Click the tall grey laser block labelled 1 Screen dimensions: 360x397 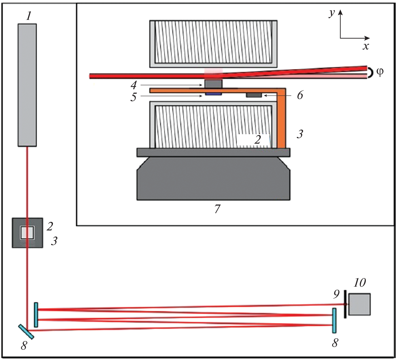pyautogui.click(x=27, y=85)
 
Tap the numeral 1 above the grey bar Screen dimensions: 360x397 pyautogui.click(x=29, y=16)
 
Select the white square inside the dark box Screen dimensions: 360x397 pyautogui.click(x=27, y=233)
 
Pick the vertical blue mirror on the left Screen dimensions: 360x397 pyautogui.click(x=36, y=315)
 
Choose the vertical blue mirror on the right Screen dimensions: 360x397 pyautogui.click(x=334, y=320)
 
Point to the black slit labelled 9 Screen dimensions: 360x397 pyautogui.click(x=345, y=304)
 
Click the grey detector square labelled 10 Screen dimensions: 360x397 pyautogui.click(x=359, y=304)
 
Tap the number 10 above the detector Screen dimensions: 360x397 pyautogui.click(x=359, y=283)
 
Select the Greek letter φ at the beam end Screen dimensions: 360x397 pyautogui.click(x=380, y=72)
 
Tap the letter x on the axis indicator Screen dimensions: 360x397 pyautogui.click(x=366, y=46)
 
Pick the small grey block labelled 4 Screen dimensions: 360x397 pyautogui.click(x=214, y=83)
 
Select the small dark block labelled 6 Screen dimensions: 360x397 pyautogui.click(x=254, y=95)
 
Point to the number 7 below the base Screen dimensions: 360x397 pyautogui.click(x=217, y=209)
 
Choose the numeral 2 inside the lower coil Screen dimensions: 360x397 pyautogui.click(x=258, y=140)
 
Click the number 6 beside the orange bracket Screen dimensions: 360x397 pyautogui.click(x=300, y=95)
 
